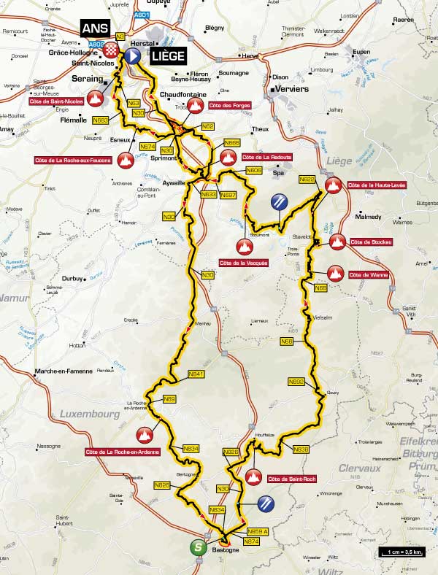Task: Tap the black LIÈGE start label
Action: pyautogui.click(x=167, y=55)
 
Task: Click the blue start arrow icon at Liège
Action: pyautogui.click(x=132, y=55)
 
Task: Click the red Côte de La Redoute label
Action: pyautogui.click(x=263, y=157)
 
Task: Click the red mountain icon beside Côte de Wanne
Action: pyautogui.click(x=336, y=274)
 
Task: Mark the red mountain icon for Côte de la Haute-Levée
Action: pyautogui.click(x=334, y=185)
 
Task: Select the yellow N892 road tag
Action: pyautogui.click(x=296, y=382)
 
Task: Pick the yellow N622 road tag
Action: pyautogui.click(x=307, y=180)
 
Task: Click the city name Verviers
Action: pyautogui.click(x=290, y=89)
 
